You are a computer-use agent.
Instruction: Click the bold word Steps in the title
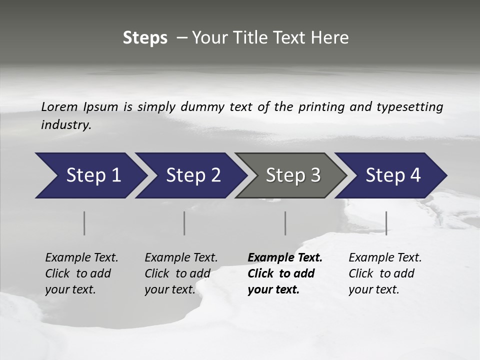click(145, 38)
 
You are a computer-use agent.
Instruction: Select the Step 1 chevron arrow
click(90, 175)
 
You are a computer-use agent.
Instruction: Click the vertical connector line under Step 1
click(84, 223)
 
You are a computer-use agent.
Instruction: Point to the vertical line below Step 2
click(184, 223)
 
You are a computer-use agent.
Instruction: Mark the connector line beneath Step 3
click(285, 223)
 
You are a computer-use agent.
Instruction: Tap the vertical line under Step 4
click(386, 223)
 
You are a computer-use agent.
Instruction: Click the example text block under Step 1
click(81, 273)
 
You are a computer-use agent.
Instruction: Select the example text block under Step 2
click(181, 273)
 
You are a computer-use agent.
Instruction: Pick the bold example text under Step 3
click(285, 273)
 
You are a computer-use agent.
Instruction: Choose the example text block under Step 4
click(385, 273)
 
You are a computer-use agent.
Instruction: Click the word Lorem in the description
click(59, 106)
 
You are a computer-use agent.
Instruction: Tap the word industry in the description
click(66, 125)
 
